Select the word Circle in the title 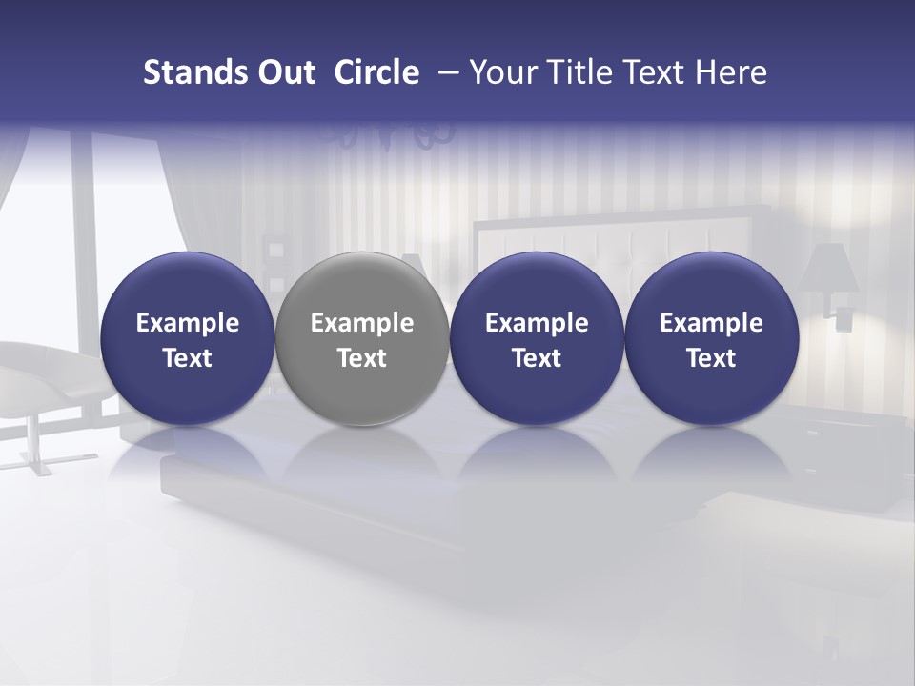pos(376,72)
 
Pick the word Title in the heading pos(578,72)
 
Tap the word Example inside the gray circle pos(362,323)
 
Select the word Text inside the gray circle pos(362,358)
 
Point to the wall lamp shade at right pos(829,269)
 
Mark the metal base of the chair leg pos(36,467)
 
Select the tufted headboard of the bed pos(591,238)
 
